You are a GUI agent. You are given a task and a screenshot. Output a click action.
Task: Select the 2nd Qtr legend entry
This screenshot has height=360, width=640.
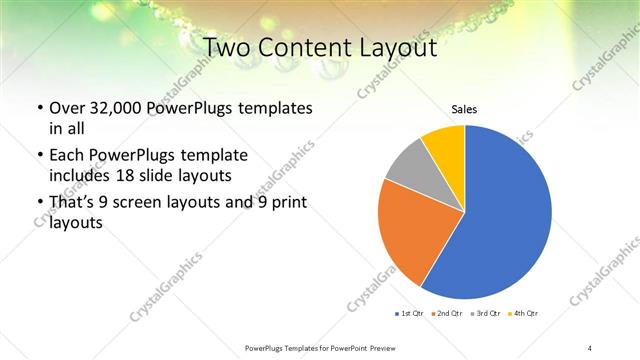pyautogui.click(x=448, y=314)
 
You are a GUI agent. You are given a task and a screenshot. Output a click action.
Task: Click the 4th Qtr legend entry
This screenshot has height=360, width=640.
pyautogui.click(x=523, y=314)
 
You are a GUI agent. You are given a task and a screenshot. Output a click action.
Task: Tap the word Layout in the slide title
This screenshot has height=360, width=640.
pyautogui.click(x=403, y=47)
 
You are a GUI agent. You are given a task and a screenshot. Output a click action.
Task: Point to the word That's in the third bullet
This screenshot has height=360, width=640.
pyautogui.click(x=71, y=203)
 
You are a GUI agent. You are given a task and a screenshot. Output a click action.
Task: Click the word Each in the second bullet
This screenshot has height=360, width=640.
pyautogui.click(x=67, y=155)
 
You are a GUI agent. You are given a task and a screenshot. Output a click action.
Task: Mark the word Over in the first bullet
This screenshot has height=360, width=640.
pyautogui.click(x=68, y=107)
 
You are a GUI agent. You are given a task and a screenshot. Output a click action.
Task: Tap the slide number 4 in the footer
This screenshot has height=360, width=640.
pyautogui.click(x=591, y=347)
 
